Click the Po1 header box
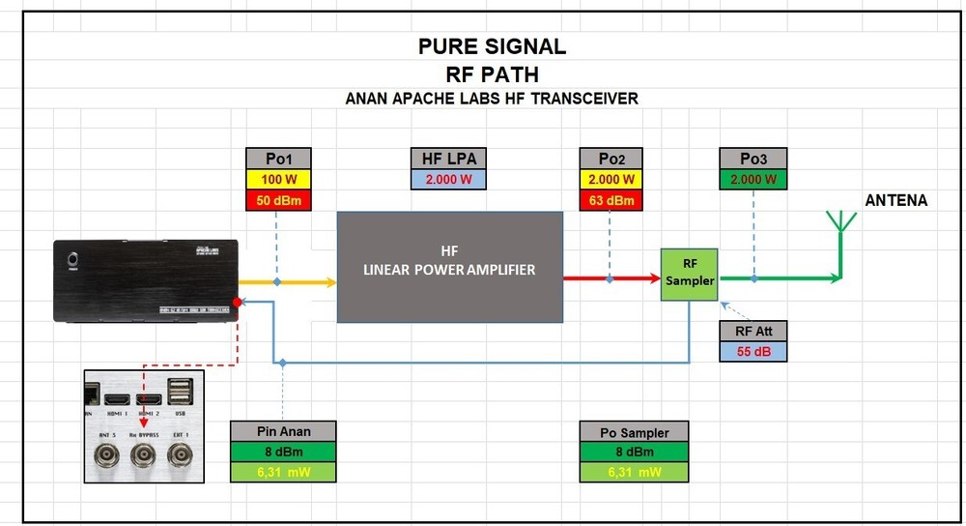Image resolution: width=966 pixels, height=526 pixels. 277,160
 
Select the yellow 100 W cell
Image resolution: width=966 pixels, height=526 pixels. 277,180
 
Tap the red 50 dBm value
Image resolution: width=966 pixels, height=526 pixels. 277,200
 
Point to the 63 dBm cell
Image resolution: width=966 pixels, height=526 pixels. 610,200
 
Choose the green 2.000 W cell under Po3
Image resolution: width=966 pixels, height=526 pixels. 753,180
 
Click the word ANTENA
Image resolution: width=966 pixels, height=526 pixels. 895,200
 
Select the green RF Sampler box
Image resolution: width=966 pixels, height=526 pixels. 688,274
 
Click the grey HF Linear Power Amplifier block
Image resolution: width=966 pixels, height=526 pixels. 449,267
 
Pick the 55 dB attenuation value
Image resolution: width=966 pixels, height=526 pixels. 753,352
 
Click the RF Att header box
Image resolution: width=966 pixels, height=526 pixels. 753,332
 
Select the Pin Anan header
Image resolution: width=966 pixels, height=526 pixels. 283,431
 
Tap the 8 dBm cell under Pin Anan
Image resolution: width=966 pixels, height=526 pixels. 283,452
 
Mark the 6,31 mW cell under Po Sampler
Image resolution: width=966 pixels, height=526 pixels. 637,472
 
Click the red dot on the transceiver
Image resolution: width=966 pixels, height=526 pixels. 238,303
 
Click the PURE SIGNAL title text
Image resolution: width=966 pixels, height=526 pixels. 492,46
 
